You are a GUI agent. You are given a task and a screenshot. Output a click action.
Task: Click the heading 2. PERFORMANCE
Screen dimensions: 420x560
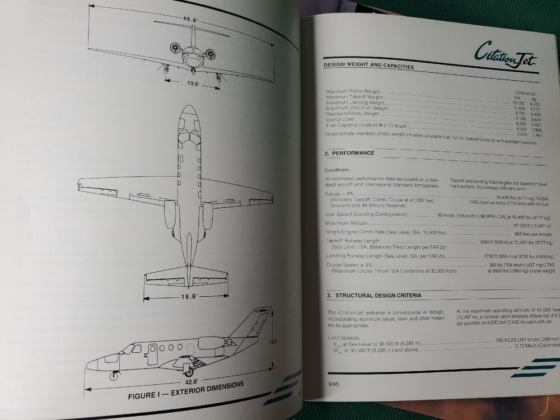click(351, 153)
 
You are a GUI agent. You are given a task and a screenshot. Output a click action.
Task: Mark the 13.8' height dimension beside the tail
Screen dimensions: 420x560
click(273, 339)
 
